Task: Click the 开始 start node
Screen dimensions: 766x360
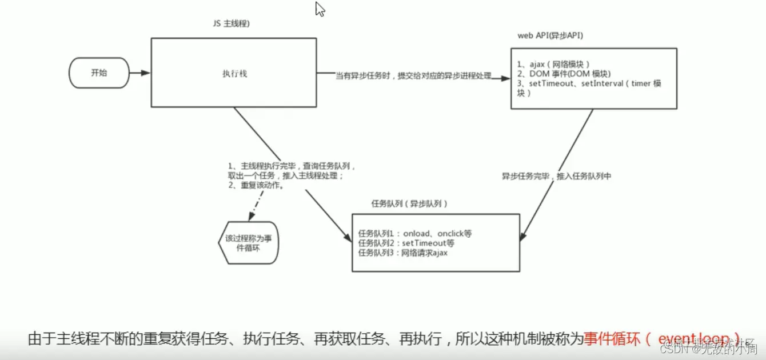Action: pos(98,73)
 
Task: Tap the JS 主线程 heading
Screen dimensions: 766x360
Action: pos(231,24)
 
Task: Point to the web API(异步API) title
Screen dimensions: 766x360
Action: pos(550,35)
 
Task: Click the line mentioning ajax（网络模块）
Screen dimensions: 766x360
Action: pos(553,64)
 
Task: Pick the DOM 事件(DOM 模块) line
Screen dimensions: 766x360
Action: pos(564,74)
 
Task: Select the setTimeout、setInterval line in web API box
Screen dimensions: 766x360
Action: pos(589,83)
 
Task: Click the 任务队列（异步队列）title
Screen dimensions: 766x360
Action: pos(409,203)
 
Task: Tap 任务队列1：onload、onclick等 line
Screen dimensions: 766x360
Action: pos(414,234)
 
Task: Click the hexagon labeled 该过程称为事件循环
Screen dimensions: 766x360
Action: pos(249,243)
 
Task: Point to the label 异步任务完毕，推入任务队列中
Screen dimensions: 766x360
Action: pos(556,176)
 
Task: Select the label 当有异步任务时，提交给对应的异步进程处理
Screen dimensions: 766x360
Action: pos(413,76)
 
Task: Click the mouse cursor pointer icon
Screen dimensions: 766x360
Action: pos(320,9)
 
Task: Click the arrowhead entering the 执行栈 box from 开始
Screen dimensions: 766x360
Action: pos(146,73)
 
